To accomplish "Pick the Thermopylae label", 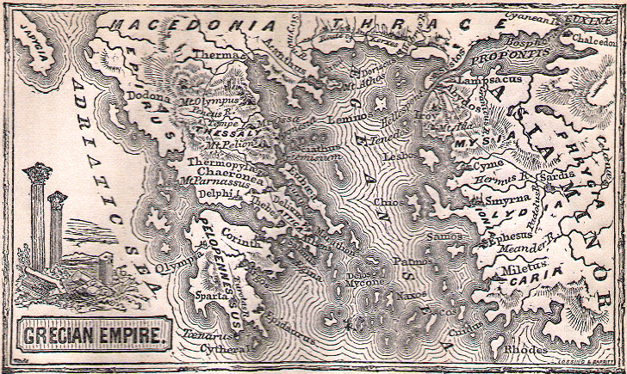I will pos(222,162).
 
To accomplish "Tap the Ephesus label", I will pos(507,244).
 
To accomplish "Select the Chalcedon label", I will pos(592,40).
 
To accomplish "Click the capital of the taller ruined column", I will pos(37,172).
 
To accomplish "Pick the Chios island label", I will pos(388,203).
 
